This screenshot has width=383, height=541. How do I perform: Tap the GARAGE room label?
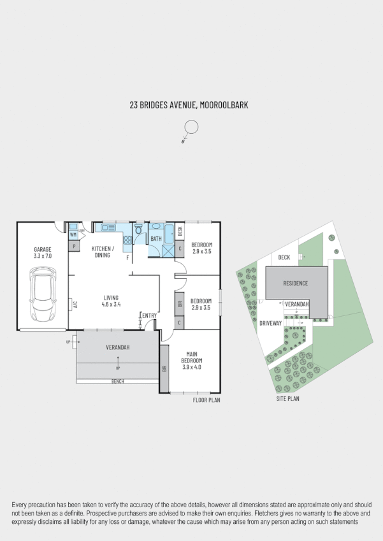[42, 249]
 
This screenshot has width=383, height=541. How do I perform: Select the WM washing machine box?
[73, 235]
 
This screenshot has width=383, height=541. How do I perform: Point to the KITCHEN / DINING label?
[103, 252]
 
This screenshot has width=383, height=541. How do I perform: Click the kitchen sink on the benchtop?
[105, 226]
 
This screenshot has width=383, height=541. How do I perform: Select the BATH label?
[156, 240]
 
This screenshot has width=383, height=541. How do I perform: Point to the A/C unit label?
[75, 305]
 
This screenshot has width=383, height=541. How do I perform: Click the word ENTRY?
[149, 316]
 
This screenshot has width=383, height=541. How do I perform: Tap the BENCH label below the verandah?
[118, 382]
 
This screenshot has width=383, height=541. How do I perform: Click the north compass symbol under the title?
[191, 129]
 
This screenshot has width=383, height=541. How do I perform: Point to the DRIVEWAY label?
[270, 323]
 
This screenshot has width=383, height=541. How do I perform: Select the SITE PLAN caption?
[287, 399]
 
